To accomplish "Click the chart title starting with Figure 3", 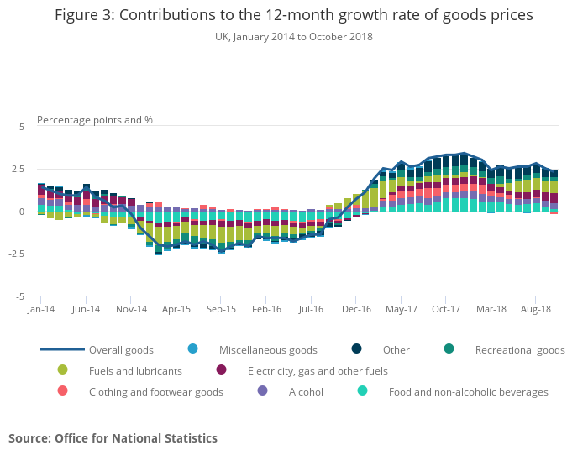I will [x=293, y=16].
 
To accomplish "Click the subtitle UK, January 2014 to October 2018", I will [x=293, y=37].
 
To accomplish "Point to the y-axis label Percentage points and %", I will [x=95, y=119].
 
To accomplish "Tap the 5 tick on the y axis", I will [x=23, y=126].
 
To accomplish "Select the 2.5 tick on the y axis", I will [x=19, y=169].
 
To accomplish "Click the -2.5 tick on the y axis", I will [x=18, y=254].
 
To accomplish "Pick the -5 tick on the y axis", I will [x=21, y=296].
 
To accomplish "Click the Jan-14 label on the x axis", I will [x=40, y=309].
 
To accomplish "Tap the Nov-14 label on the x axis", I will [x=131, y=309].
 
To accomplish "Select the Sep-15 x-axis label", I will [x=221, y=309].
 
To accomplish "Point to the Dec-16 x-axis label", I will [x=356, y=309].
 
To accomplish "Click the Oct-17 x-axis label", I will [x=446, y=309].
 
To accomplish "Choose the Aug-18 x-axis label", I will [x=536, y=309].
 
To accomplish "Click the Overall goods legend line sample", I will [x=62, y=349].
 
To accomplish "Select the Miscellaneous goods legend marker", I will [x=192, y=349].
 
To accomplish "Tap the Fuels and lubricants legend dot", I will [x=62, y=370].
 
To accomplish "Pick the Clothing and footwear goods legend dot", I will [x=62, y=391].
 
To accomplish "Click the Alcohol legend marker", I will [x=262, y=391].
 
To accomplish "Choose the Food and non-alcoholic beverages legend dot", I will [x=362, y=391].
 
